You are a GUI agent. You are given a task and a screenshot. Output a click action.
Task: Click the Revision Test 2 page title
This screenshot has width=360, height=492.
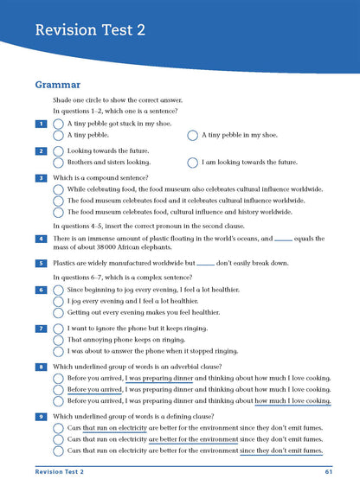click(x=90, y=31)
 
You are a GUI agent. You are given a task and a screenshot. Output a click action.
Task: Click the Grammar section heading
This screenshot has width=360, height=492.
click(x=58, y=85)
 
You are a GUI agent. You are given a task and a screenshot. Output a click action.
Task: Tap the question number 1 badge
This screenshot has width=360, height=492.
click(x=41, y=125)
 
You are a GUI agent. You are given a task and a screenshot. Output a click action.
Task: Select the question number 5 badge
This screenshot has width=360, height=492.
click(x=41, y=263)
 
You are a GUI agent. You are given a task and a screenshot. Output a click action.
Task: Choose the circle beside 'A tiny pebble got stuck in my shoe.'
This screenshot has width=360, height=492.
click(x=59, y=125)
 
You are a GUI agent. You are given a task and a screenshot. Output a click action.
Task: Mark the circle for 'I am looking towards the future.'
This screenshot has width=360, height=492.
click(x=192, y=163)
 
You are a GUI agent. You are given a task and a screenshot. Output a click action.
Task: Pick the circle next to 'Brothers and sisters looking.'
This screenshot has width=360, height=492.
click(x=59, y=163)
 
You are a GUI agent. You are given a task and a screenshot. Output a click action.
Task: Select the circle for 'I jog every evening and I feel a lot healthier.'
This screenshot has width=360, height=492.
click(x=59, y=301)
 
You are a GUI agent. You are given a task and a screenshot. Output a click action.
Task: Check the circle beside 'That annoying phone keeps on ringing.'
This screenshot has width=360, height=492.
click(x=59, y=340)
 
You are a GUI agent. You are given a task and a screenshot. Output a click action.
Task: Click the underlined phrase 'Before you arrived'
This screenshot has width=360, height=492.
click(x=94, y=390)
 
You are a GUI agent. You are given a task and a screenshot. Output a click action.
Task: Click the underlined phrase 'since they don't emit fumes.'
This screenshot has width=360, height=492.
click(x=282, y=450)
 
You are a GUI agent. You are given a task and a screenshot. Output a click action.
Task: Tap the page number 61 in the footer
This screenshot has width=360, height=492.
click(x=329, y=472)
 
